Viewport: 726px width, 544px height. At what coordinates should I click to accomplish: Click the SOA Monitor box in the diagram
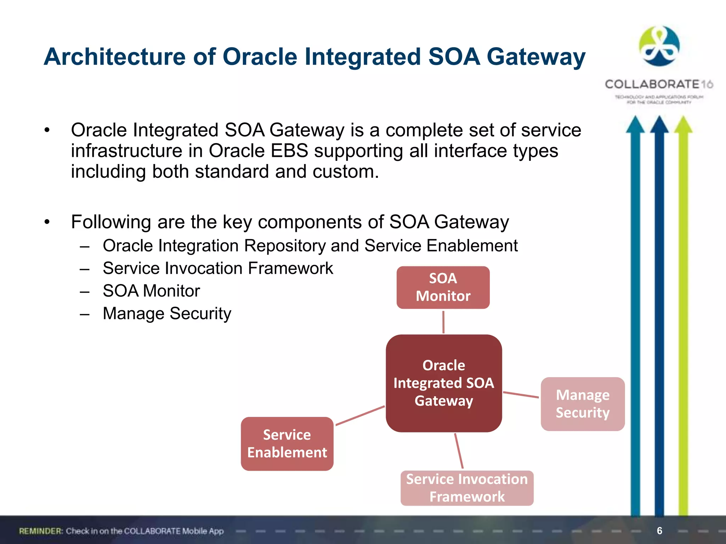click(x=443, y=287)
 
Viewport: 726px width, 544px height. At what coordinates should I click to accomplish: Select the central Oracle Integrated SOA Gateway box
click(x=443, y=383)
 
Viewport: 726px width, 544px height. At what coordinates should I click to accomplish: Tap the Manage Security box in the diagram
click(x=582, y=404)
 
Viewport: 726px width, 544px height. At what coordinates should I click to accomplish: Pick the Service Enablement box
click(x=287, y=443)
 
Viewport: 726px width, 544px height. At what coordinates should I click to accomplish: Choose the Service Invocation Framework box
click(x=467, y=488)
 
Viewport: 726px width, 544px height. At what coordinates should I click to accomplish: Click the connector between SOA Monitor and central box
click(x=443, y=322)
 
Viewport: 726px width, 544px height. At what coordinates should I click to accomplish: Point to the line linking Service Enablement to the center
click(x=360, y=415)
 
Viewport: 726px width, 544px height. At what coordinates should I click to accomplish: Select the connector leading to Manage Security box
click(x=521, y=395)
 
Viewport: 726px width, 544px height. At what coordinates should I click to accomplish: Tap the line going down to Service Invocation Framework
click(x=459, y=450)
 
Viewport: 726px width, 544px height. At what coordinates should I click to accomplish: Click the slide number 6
click(x=659, y=531)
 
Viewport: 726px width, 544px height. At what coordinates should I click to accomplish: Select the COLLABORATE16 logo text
click(x=659, y=84)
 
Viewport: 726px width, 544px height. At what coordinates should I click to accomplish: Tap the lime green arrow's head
click(x=683, y=125)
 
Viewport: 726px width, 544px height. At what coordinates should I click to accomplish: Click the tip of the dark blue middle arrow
click(x=659, y=120)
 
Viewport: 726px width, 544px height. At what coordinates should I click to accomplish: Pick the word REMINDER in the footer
click(x=41, y=531)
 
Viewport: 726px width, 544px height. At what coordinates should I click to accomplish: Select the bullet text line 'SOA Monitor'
click(x=151, y=291)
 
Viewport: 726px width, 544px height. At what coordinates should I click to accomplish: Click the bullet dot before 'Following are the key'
click(x=47, y=222)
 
